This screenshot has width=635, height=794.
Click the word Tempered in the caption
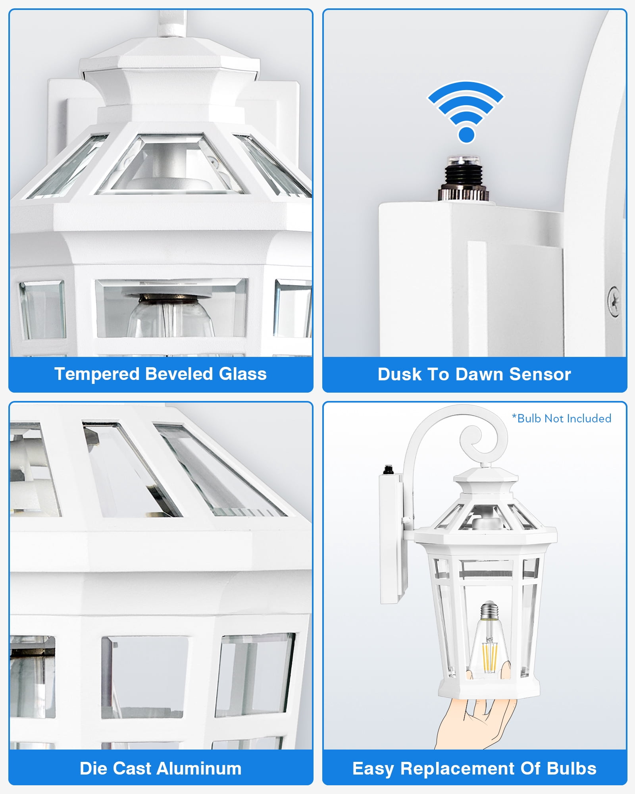click(97, 374)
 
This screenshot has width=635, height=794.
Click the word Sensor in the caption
click(540, 374)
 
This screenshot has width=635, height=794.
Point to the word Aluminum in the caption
click(199, 769)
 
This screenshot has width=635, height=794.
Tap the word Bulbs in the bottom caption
click(571, 769)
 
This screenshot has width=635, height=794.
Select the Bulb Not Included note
click(561, 418)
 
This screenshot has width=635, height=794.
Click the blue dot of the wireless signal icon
click(466, 135)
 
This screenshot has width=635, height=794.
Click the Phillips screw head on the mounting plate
click(614, 301)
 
